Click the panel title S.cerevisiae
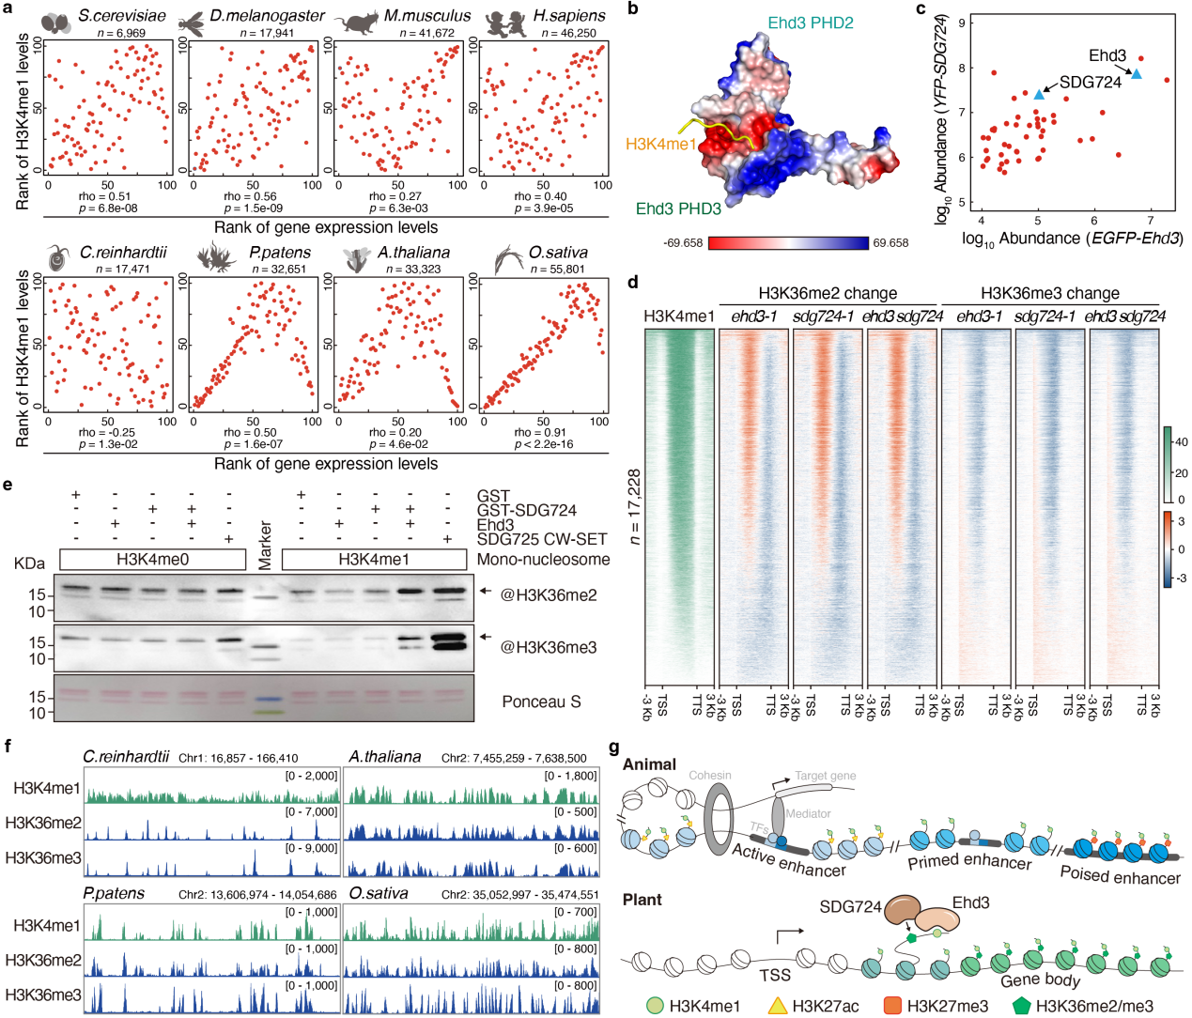(x=121, y=16)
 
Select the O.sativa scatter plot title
(x=558, y=252)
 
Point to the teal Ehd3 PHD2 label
(x=810, y=23)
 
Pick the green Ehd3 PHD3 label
(x=678, y=208)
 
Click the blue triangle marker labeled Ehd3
(x=1136, y=74)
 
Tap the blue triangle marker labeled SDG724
(x=1039, y=94)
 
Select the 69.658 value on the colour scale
(x=890, y=242)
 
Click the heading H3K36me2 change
(x=828, y=293)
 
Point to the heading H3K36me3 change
(x=1049, y=293)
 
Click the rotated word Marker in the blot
(x=265, y=546)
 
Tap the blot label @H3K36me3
(x=549, y=647)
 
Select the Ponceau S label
(x=541, y=702)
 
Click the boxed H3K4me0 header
(x=153, y=560)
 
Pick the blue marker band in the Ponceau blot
(x=268, y=699)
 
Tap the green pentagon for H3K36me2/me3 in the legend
(x=1021, y=1006)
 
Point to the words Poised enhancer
(x=1120, y=875)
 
